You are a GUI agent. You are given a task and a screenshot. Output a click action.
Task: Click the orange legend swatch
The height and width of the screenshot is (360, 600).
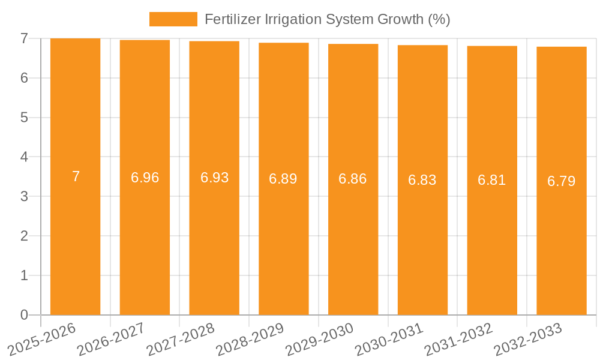click(173, 19)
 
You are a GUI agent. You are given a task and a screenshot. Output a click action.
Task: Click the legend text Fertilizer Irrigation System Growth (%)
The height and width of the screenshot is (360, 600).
click(327, 19)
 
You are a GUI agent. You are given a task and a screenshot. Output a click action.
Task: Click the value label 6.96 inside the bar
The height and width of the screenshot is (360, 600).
click(145, 178)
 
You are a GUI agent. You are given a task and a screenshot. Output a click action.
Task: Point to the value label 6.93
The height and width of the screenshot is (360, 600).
click(214, 178)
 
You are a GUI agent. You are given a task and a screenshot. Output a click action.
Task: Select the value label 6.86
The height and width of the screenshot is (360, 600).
click(353, 179)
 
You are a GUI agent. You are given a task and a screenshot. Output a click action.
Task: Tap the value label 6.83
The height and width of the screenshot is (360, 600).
click(422, 180)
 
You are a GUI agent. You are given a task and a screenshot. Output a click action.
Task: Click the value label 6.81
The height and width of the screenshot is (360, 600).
click(492, 180)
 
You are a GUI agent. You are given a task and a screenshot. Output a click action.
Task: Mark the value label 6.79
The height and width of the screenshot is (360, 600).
click(561, 181)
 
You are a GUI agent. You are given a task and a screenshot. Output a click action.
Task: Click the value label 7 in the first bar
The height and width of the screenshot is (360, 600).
click(76, 176)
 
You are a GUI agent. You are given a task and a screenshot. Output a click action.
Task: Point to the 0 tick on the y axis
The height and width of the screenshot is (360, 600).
click(24, 315)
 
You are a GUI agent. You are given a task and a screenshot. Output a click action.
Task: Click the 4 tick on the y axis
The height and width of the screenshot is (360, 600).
click(24, 157)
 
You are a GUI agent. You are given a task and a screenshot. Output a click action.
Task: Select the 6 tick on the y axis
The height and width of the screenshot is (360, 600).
click(24, 78)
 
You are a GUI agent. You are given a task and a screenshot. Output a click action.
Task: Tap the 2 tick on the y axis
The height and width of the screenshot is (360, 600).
click(24, 236)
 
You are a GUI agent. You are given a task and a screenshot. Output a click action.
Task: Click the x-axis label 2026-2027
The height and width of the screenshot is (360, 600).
click(112, 339)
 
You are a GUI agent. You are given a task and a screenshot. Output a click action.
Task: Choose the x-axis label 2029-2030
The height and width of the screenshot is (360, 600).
click(320, 339)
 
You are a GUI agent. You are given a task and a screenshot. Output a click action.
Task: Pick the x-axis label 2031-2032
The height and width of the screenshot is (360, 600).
click(459, 339)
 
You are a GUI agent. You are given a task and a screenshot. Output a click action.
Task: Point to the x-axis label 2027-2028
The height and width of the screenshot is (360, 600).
click(181, 339)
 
